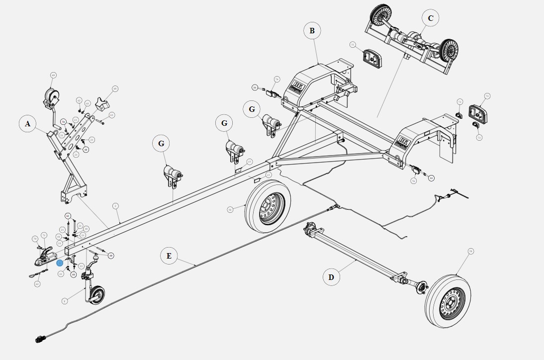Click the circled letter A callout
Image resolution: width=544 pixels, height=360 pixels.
[28, 124]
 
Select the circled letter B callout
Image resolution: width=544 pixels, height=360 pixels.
[312, 31]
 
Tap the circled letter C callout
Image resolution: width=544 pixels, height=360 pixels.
[430, 18]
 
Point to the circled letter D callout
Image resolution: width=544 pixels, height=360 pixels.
[331, 277]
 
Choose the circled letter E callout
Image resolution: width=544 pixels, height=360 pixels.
[169, 256]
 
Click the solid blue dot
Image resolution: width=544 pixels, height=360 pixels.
[60, 263]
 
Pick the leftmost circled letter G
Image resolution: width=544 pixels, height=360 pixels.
[161, 144]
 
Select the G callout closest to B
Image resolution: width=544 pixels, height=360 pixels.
[252, 109]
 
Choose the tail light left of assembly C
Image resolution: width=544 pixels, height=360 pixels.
[372, 58]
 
